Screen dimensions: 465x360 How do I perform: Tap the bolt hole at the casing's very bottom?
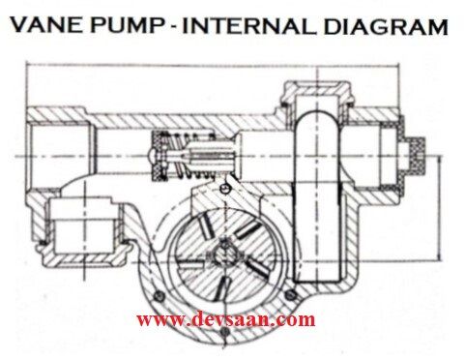(223, 333)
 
